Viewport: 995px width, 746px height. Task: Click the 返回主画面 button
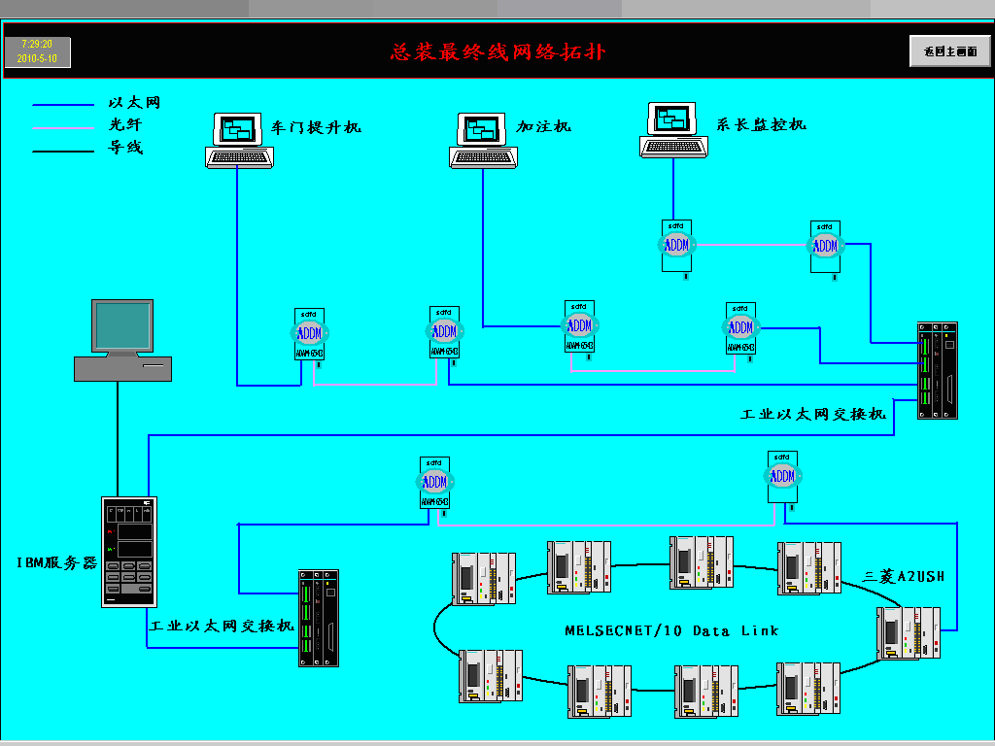(x=949, y=51)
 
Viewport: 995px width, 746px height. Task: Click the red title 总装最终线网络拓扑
(x=497, y=51)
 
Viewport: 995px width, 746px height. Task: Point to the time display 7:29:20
(x=37, y=45)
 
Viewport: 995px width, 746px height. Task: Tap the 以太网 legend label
(x=134, y=102)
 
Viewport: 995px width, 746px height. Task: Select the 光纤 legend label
(x=125, y=124)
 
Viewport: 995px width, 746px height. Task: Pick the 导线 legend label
(x=125, y=148)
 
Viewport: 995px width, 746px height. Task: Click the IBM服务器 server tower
(x=128, y=551)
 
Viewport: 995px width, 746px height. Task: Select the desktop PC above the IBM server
(x=123, y=339)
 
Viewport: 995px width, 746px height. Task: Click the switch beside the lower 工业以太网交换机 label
(x=321, y=617)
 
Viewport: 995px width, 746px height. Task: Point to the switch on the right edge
(x=938, y=370)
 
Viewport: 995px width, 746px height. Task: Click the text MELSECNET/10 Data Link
(x=671, y=630)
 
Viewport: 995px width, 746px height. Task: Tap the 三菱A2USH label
(x=904, y=576)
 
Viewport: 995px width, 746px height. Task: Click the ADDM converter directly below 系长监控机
(x=676, y=245)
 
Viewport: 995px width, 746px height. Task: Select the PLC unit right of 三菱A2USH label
(x=909, y=632)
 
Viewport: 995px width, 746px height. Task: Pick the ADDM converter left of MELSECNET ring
(x=434, y=483)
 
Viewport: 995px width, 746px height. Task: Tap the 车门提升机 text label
(x=316, y=127)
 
